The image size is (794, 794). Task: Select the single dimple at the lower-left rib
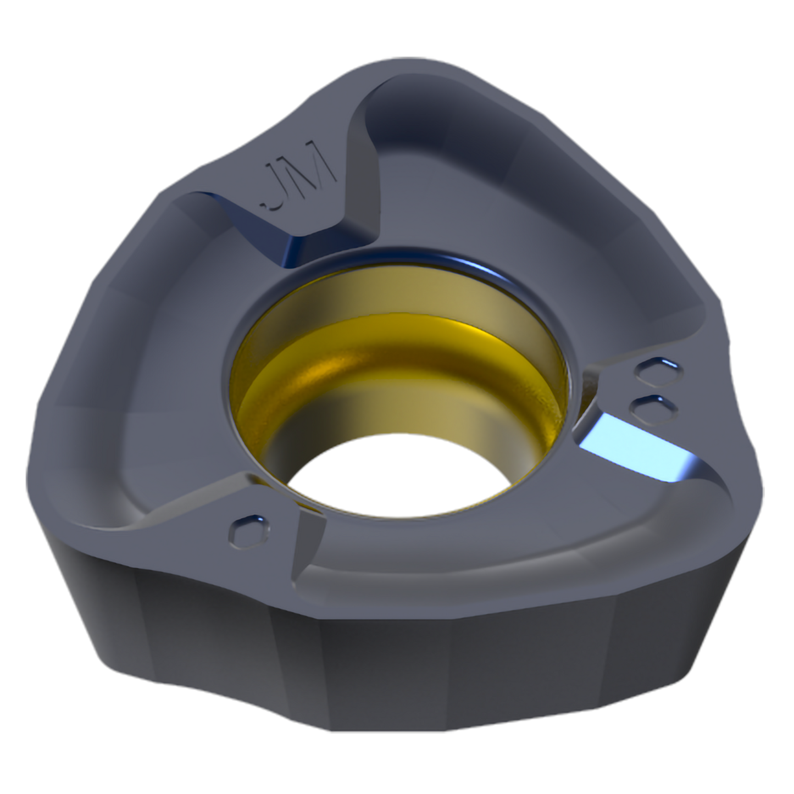[x=249, y=531]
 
